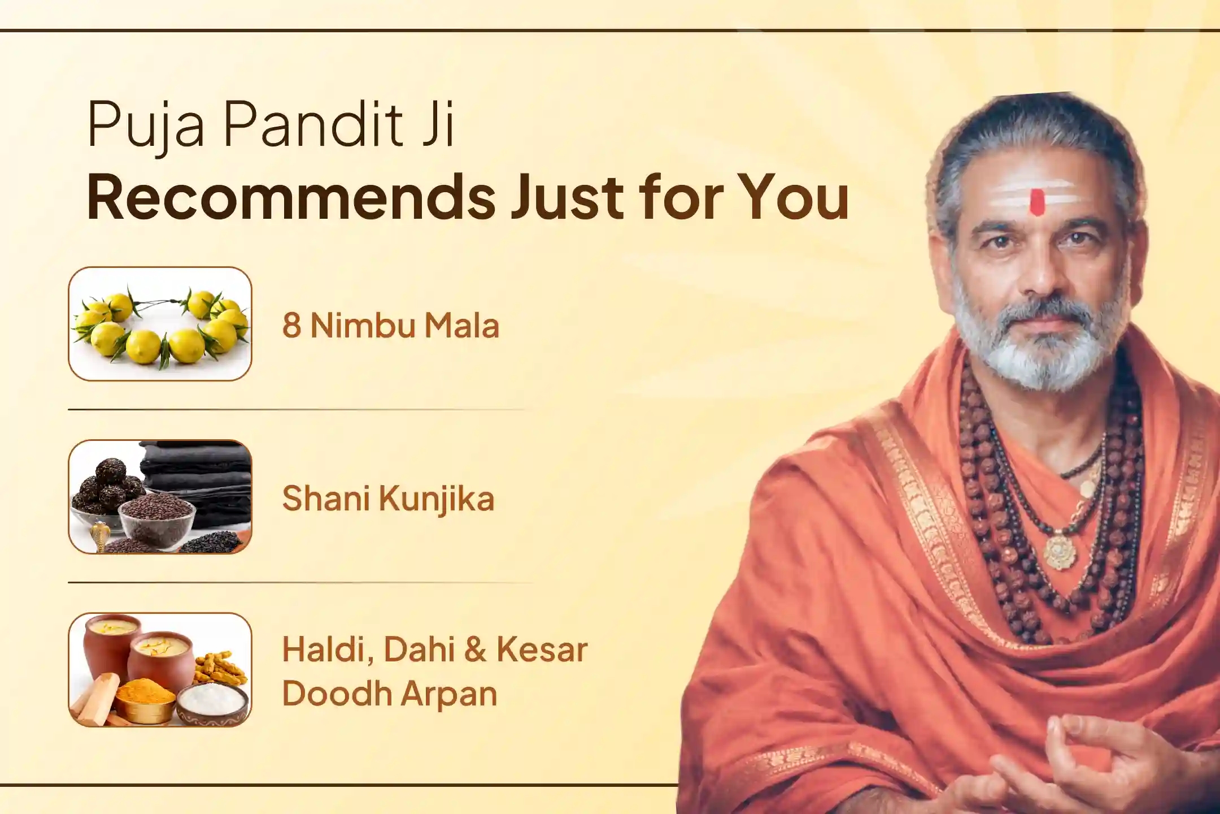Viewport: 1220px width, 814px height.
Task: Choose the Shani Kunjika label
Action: tap(388, 499)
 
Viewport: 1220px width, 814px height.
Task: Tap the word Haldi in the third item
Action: tap(328, 650)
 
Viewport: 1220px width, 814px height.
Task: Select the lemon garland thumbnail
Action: tap(160, 323)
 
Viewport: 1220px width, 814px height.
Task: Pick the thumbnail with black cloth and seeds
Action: tap(160, 497)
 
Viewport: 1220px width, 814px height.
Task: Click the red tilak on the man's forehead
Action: tap(1036, 202)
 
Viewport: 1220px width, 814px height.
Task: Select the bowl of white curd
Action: tap(212, 702)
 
